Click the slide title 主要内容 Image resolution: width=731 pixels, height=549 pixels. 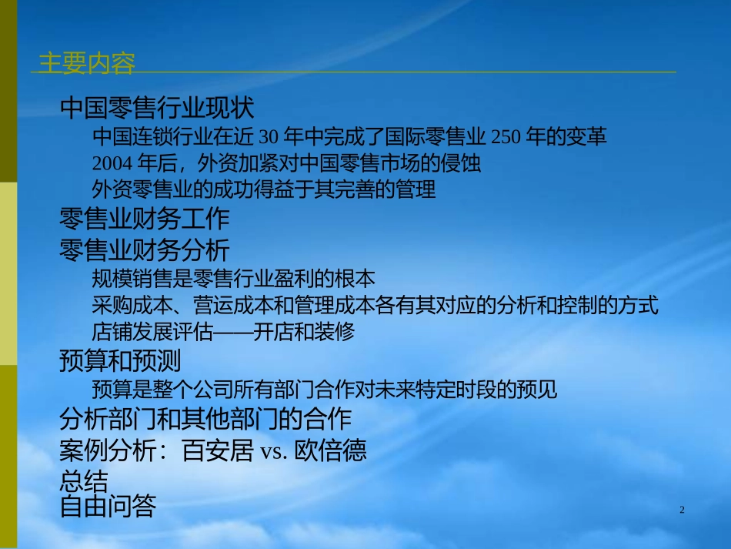point(86,63)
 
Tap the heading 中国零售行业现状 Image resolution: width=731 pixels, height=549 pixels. point(156,109)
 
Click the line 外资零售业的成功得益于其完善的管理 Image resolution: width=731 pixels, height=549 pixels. point(263,189)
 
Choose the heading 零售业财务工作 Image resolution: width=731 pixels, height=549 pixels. point(144,219)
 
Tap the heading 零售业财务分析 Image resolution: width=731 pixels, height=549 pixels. point(144,249)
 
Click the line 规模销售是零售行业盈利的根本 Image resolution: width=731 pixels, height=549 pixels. point(232,279)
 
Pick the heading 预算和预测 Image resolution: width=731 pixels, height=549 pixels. point(120,360)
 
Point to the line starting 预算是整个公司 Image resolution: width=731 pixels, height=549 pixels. point(324,390)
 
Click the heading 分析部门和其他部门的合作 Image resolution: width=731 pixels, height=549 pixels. point(205,419)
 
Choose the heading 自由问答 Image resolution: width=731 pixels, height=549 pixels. point(108,506)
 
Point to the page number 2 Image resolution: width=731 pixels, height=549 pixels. point(682,511)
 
